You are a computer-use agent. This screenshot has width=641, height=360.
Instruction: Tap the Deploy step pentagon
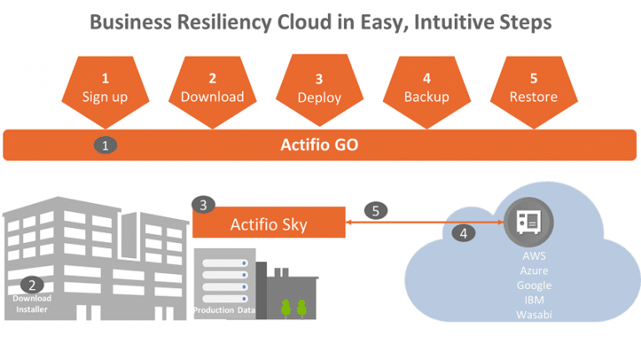[x=320, y=91]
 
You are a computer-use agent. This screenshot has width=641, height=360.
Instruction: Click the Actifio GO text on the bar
[x=320, y=145]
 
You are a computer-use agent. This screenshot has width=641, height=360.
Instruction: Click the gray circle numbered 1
[x=105, y=145]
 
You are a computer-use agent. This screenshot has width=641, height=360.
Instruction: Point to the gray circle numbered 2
[x=32, y=285]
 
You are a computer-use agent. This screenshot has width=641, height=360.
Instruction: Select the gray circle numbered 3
[x=203, y=205]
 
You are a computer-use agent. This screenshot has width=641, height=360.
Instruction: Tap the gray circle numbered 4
[x=463, y=233]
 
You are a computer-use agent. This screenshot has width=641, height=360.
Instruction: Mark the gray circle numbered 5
[x=376, y=210]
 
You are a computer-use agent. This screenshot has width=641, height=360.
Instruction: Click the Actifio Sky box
[x=269, y=222]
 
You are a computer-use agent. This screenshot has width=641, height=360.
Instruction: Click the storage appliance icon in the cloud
[x=528, y=222]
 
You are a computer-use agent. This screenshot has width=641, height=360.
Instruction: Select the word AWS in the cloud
[x=534, y=256]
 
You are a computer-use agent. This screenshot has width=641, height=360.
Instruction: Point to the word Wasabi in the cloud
[x=534, y=315]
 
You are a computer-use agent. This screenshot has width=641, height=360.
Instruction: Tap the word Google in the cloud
[x=534, y=286]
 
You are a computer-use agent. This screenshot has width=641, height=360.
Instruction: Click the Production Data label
[x=225, y=310]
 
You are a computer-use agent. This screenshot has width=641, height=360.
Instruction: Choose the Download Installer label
[x=32, y=303]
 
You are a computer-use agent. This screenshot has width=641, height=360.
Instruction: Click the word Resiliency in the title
[x=224, y=23]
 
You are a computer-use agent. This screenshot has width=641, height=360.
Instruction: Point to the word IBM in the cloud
[x=534, y=300]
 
